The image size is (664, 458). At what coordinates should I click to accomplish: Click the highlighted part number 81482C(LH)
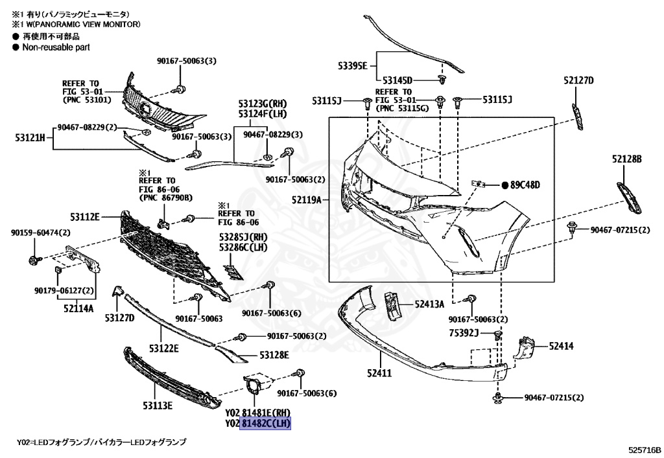click(266, 424)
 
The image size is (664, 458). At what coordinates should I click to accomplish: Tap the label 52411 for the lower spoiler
click(378, 374)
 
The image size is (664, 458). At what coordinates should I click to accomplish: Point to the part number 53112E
click(86, 216)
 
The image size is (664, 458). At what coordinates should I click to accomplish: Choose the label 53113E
click(158, 406)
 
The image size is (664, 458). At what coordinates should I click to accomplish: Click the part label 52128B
click(626, 158)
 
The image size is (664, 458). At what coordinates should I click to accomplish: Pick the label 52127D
click(578, 80)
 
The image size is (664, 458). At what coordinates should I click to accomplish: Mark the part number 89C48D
click(525, 185)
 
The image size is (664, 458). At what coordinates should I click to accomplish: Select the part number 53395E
click(352, 65)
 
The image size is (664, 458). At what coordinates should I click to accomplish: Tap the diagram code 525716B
click(644, 449)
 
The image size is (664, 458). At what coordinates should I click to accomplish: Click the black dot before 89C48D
click(504, 185)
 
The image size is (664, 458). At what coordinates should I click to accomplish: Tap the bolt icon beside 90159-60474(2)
click(32, 262)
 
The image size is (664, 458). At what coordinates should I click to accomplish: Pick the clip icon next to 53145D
click(442, 80)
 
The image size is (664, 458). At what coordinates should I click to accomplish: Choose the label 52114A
click(78, 308)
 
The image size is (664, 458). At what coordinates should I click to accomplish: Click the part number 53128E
click(274, 355)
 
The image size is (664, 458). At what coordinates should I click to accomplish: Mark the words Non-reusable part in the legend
click(56, 47)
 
